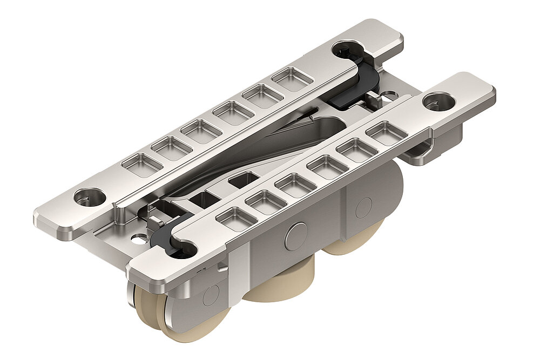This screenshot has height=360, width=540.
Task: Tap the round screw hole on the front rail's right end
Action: pos(438,101)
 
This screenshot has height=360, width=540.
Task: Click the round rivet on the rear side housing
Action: pos(363,207)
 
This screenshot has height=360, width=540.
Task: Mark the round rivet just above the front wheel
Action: pos(210,295)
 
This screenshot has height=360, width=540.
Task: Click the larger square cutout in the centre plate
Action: pos(241,180)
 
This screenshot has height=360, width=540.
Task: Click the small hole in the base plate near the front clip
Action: pos(141,236)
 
